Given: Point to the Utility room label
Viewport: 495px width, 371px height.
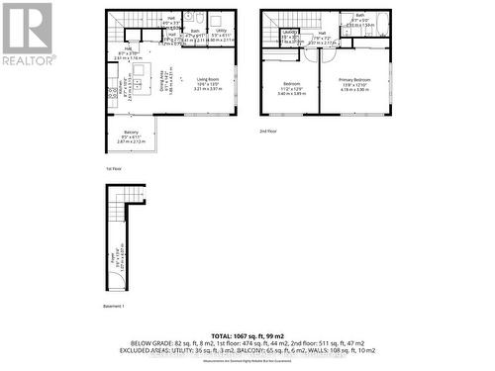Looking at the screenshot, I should pyautogui.click(x=223, y=31).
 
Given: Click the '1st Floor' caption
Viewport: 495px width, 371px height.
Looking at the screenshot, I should pyautogui.click(x=112, y=171).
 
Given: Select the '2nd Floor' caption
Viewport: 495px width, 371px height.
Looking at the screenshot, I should pyautogui.click(x=268, y=131).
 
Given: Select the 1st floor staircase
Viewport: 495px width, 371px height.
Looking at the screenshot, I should pyautogui.click(x=127, y=20).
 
